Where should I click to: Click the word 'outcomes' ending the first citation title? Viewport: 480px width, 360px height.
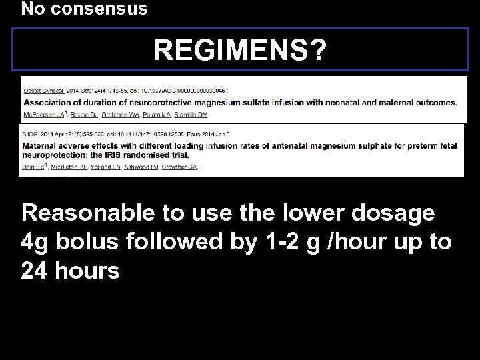pyautogui.click(x=437, y=103)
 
